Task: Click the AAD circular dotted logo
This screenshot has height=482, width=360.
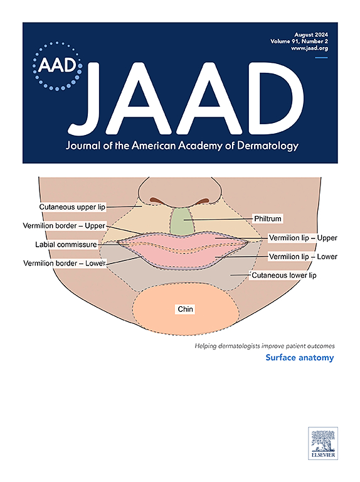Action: pos(58,66)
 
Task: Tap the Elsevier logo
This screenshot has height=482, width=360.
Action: pos(323,443)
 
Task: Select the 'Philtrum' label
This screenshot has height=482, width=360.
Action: pos(268,218)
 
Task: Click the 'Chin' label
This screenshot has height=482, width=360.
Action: pos(185,309)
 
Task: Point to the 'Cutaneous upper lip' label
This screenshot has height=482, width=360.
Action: pos(72,207)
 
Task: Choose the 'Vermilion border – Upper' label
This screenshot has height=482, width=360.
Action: pos(64,226)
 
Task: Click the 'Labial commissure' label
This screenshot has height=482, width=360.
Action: pos(66,244)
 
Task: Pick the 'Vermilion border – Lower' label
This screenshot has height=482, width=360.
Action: pos(65,263)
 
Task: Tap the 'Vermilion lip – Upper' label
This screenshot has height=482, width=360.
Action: pos(303,238)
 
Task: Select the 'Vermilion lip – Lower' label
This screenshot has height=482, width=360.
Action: pos(303,256)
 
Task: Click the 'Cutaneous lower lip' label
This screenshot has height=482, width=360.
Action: pos(284,275)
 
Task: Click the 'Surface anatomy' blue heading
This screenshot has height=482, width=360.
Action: pos(300,358)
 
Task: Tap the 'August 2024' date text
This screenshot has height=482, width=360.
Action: pos(311,35)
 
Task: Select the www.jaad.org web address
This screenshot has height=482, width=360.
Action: pos(310,48)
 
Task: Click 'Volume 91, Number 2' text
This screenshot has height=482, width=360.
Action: pos(299,41)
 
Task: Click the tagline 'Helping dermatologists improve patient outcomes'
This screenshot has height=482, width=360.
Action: pos(265,346)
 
